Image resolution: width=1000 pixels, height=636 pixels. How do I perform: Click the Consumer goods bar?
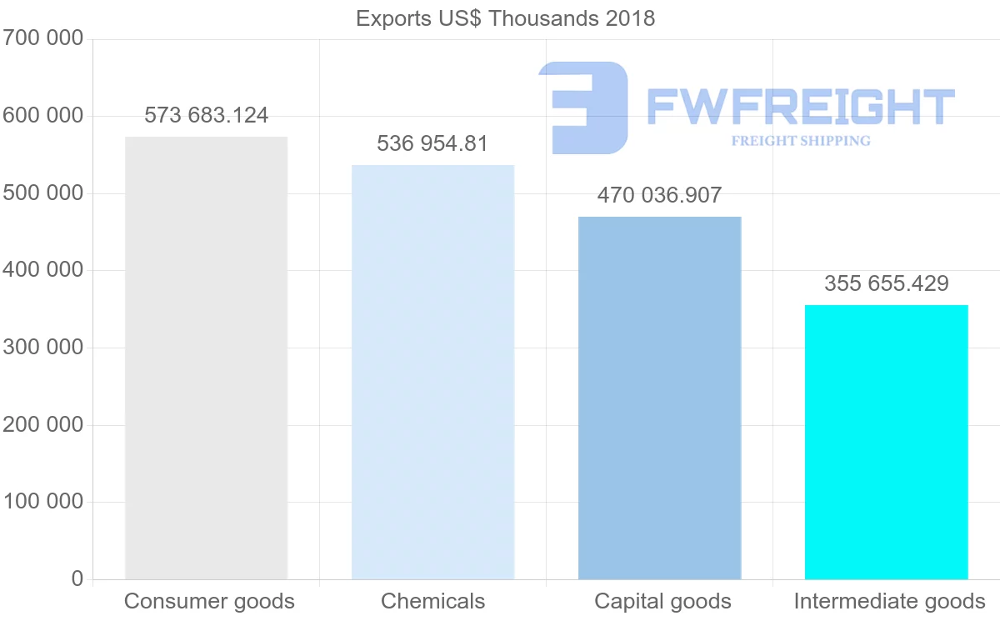point(206,358)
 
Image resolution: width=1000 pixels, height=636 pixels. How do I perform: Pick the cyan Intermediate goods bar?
point(886,442)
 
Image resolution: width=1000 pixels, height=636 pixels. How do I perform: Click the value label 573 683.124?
point(207,116)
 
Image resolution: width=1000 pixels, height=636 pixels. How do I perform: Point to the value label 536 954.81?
point(432,144)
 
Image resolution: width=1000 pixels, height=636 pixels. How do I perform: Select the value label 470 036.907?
point(659,196)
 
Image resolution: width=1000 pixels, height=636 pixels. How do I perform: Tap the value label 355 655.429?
point(886,284)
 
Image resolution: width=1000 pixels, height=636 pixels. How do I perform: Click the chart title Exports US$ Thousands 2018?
point(505,18)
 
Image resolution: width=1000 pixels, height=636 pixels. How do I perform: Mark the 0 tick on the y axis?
point(77,579)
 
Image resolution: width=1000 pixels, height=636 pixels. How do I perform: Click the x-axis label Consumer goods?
point(209,601)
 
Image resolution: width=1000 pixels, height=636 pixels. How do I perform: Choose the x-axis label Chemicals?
point(432,601)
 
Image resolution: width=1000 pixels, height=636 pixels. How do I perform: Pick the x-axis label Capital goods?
point(662,601)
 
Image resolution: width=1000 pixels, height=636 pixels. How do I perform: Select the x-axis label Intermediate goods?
point(889,601)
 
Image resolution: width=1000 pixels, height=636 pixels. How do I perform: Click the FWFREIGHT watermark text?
point(800,107)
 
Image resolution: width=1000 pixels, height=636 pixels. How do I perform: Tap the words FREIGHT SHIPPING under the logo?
point(801,141)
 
